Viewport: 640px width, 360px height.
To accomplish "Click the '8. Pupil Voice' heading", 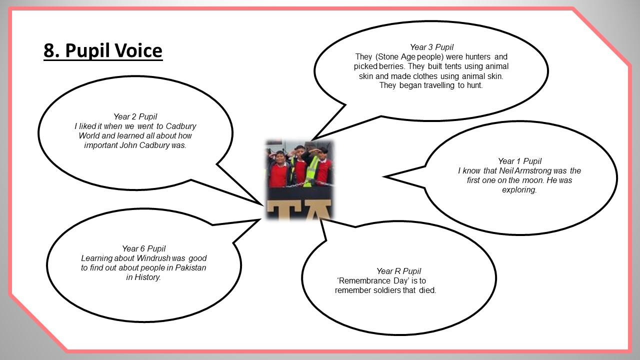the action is [x=103, y=51].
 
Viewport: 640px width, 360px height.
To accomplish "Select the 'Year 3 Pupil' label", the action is [x=431, y=47].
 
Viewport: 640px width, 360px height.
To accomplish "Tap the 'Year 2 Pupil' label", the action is [x=135, y=116].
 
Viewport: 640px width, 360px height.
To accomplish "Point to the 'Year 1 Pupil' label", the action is [x=519, y=161].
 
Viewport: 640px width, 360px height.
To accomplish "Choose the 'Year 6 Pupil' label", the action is [x=143, y=248].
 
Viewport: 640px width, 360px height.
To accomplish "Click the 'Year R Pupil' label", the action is [x=398, y=271].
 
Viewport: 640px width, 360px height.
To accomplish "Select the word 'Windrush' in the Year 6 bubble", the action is [x=153, y=258].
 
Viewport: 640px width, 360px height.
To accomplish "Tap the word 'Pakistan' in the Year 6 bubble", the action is [x=190, y=267].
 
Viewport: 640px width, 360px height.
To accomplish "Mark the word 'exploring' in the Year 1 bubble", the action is [x=519, y=190].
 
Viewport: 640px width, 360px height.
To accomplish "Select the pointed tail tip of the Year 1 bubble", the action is [x=383, y=177].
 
